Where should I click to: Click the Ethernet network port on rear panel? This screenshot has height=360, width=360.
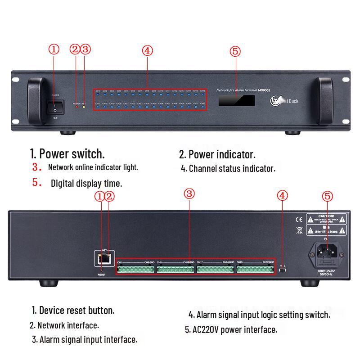[103, 258]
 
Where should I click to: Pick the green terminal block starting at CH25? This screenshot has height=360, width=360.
[255, 270]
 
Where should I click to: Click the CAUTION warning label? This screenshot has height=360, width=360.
[327, 219]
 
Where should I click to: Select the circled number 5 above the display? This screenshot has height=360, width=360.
[235, 51]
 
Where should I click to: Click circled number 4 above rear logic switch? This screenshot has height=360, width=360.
[282, 195]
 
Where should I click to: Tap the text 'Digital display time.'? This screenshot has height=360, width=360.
[86, 183]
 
